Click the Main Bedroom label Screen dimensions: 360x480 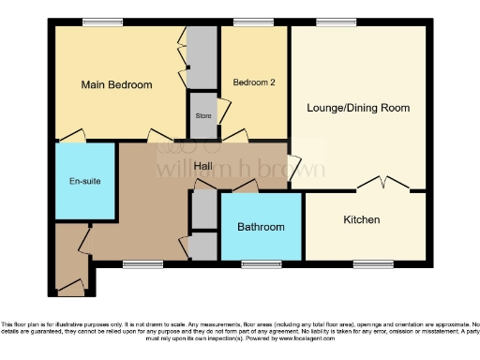[116, 85]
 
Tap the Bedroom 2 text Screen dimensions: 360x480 [253, 82]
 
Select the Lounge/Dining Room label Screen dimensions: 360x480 [358, 108]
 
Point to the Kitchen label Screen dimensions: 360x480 [361, 219]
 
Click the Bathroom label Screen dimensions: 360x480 [260, 227]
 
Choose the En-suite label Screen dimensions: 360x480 [83, 182]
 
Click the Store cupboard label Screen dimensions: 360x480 [202, 115]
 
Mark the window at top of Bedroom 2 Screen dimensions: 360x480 [247, 23]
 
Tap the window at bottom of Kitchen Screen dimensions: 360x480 [373, 263]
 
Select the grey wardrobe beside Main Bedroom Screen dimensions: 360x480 [200, 57]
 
